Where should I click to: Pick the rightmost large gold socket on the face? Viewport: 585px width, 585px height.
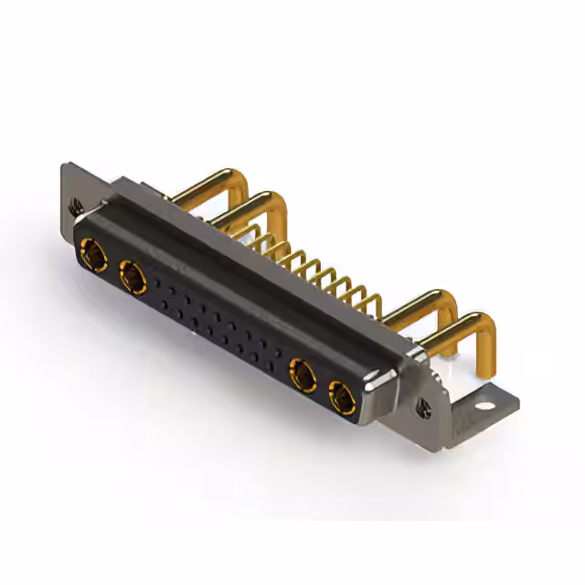pyautogui.click(x=342, y=397)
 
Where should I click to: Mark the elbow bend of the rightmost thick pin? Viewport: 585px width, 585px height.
pyautogui.click(x=484, y=324)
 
